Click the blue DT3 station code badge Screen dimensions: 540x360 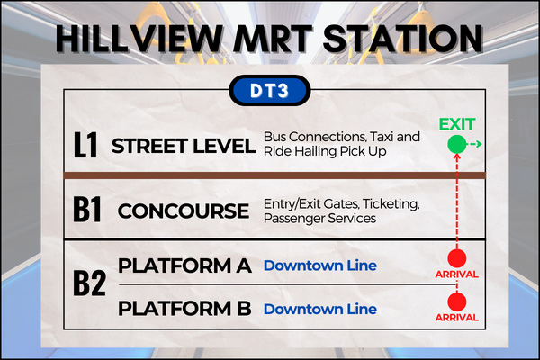pos(270,91)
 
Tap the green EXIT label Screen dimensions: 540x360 pos(457,124)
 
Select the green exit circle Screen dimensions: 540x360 pos(457,144)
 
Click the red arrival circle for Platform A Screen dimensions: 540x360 pos(457,258)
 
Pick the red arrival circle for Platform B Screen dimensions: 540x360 pos(457,301)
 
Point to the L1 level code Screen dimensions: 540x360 pos(85,145)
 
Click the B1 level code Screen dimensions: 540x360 pos(87,209)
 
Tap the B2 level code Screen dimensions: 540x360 pos(89,283)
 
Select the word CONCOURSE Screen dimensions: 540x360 pos(184,211)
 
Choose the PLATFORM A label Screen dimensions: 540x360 pos(184,265)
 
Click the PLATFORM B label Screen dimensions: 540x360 pos(184,308)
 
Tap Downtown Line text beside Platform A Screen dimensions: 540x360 pos(320,265)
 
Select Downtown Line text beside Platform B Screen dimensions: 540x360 pos(320,309)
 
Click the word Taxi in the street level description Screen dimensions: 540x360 pos(382,137)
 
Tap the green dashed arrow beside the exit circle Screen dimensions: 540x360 pos(474,144)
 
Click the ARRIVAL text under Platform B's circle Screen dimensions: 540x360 pos(457,318)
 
